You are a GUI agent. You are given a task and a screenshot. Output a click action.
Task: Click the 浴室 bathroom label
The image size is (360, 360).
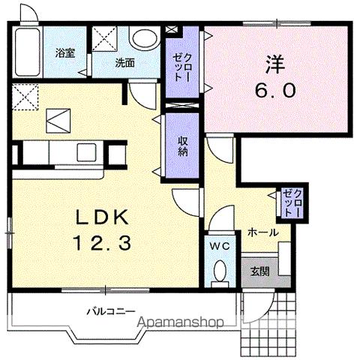coord(65,53)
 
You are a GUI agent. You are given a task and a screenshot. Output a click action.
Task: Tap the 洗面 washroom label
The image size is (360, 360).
coord(124,63)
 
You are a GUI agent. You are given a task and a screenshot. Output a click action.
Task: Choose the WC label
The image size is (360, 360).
coord(219,246)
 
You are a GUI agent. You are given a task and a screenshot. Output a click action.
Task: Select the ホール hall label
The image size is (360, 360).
coord(262,232)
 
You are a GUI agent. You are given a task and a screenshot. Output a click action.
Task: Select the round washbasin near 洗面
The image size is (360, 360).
coord(142,39)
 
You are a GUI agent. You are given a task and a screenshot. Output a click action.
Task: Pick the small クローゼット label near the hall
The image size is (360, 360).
coord(289,202)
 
